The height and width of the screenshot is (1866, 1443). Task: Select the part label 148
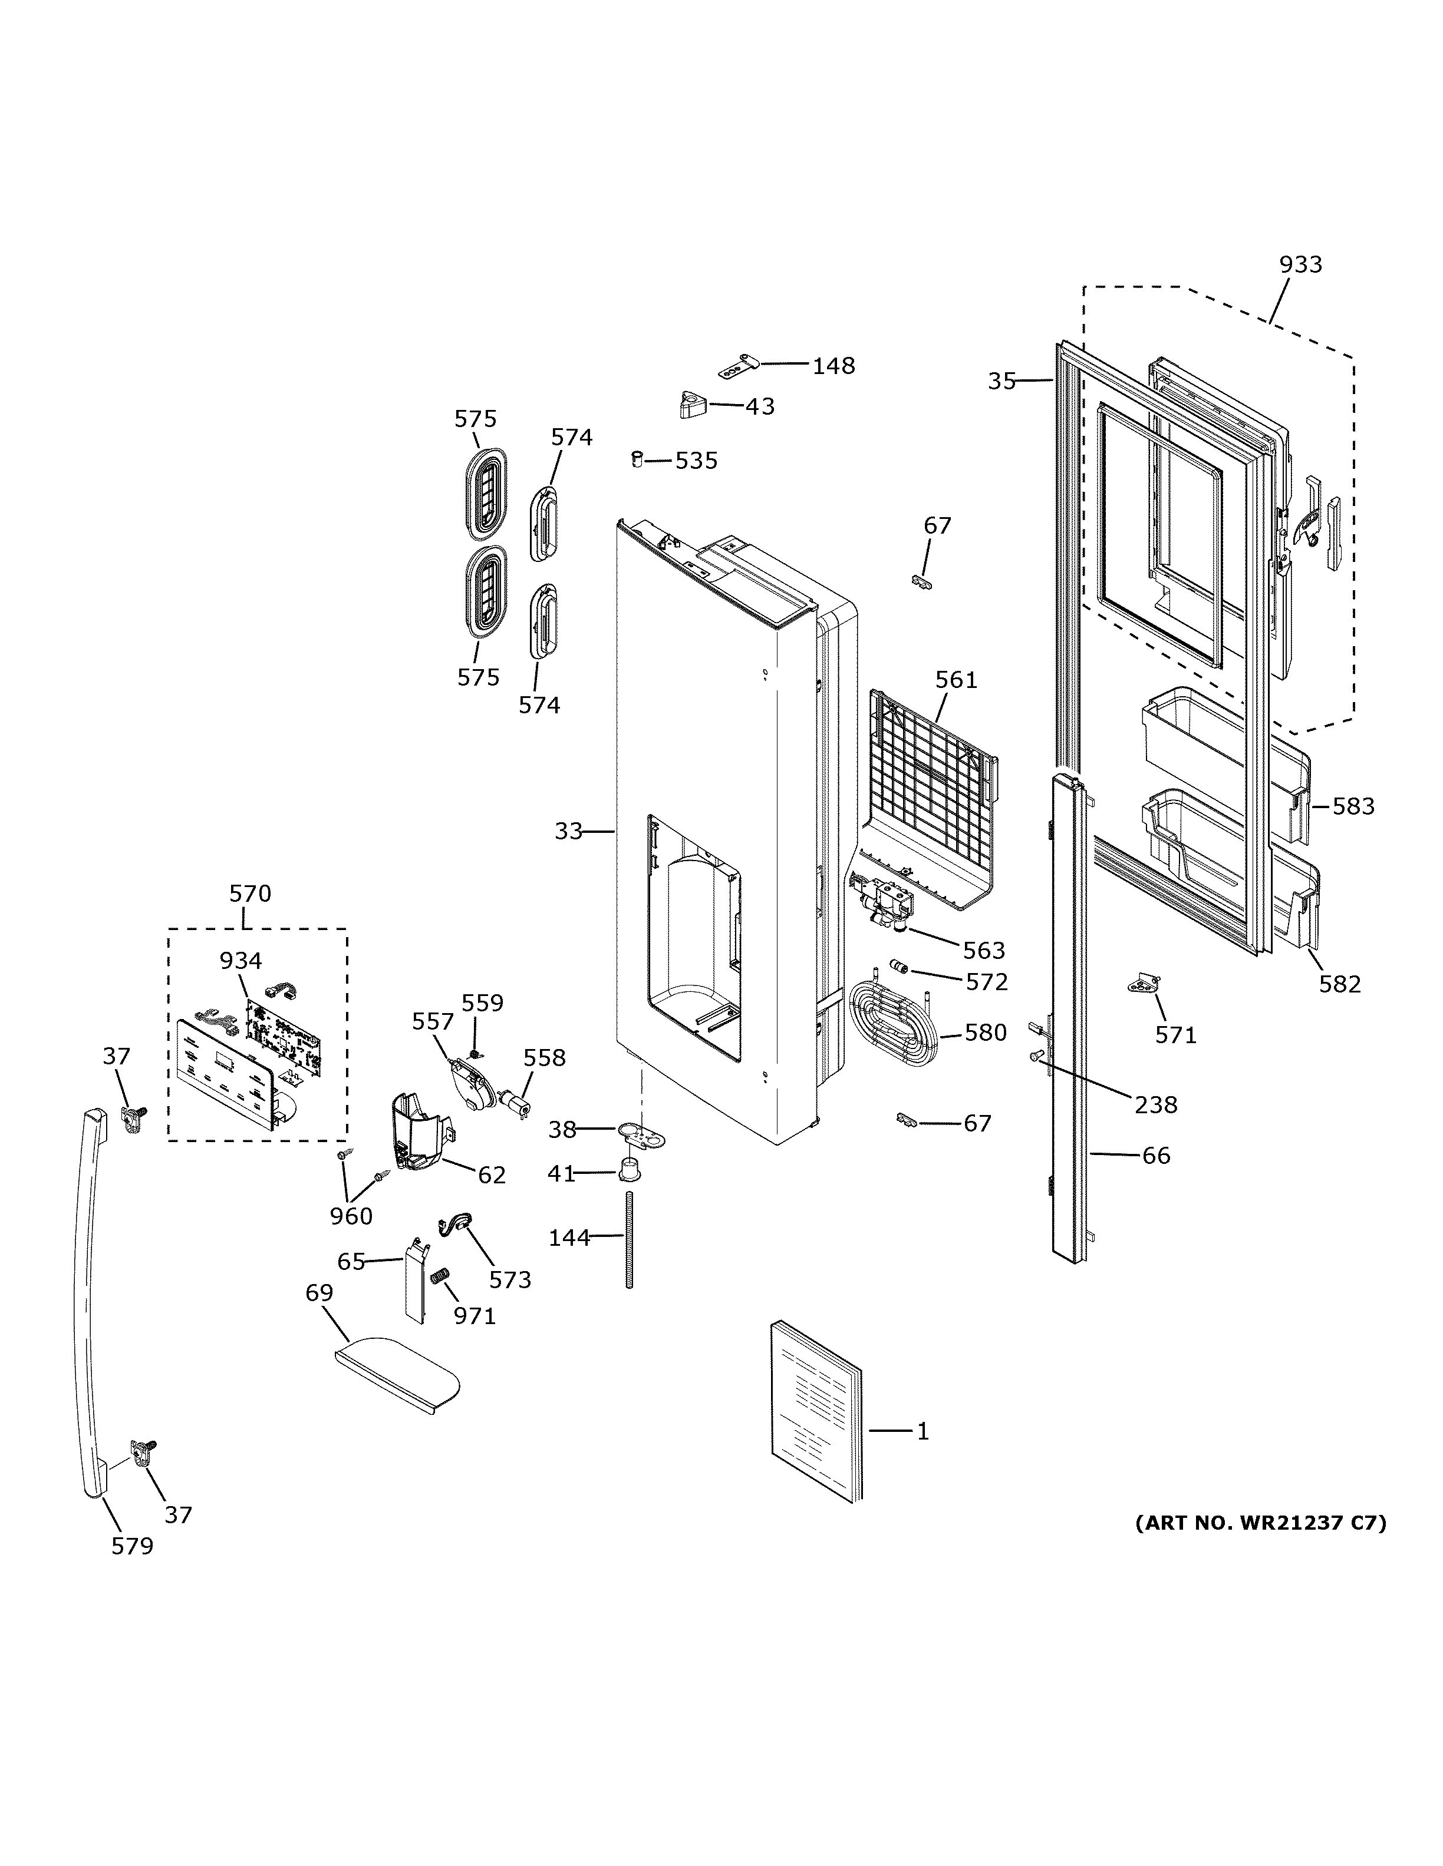coord(833,366)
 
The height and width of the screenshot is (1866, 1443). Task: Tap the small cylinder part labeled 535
coord(637,459)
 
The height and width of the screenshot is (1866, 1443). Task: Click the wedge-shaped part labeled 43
coord(693,405)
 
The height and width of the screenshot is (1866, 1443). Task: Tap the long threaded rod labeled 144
coord(630,1239)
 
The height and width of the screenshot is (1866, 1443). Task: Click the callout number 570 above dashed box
coord(249,894)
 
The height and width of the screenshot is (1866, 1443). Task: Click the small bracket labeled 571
coord(1145,984)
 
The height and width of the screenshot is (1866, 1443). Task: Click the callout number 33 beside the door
coord(568,831)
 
